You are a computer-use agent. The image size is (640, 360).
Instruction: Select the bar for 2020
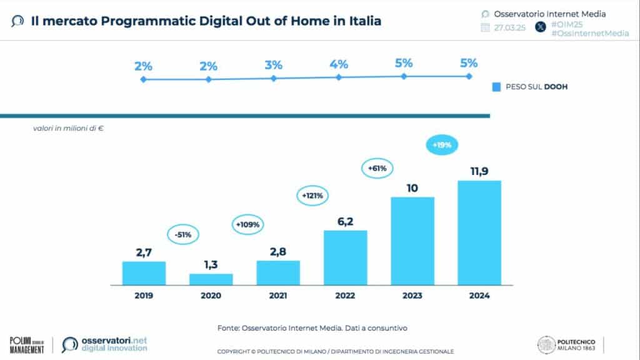coord(211,279)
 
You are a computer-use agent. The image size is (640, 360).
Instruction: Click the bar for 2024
coord(479,232)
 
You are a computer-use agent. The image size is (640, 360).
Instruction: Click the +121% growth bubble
coord(313,196)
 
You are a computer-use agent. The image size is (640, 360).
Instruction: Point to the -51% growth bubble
coord(184,235)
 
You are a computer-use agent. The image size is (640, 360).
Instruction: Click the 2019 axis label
coord(144,296)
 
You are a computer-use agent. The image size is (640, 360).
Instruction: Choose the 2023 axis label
coord(412,296)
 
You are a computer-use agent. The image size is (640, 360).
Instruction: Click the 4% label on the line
coord(339,64)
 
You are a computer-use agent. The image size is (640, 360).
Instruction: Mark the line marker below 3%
coord(274,78)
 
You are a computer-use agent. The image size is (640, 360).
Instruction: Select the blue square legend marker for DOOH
coord(496,87)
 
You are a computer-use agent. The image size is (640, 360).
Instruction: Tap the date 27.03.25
coord(511,27)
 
